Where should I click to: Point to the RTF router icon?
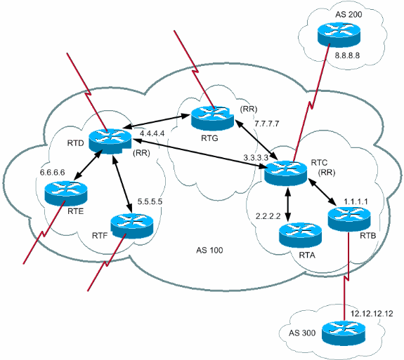coord(132,225)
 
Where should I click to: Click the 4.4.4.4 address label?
coord(153,132)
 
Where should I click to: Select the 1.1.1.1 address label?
coord(357,201)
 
